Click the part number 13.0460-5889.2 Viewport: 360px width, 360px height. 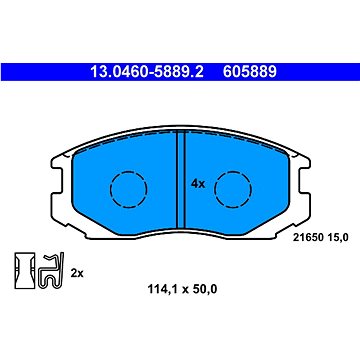point(147,72)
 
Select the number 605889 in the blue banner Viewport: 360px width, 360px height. point(250,72)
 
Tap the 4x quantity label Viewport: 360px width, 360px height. point(198,184)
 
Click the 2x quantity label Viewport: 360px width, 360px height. point(77,274)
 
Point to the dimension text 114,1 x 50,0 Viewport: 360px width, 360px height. point(182,289)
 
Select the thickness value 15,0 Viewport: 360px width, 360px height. point(338,237)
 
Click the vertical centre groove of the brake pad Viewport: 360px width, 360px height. point(180,179)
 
